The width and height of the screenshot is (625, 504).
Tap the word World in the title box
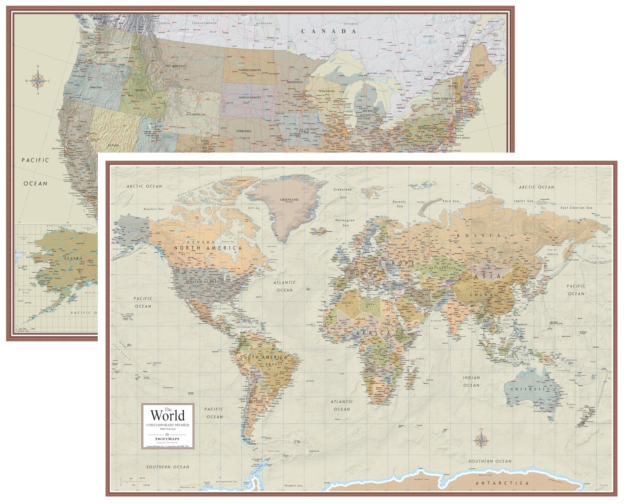(167, 415)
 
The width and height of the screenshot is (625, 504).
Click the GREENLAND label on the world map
(289, 200)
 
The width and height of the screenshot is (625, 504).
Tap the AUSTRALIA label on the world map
(530, 389)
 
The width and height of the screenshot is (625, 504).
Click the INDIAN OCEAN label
(471, 381)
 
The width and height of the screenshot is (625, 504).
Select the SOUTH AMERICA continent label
(263, 357)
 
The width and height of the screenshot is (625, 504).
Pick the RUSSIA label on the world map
(478, 236)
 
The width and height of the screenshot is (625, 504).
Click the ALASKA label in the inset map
(73, 258)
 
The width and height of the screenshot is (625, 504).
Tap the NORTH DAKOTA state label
(250, 70)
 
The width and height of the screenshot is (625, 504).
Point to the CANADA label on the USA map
(328, 31)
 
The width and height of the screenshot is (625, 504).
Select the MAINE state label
(480, 65)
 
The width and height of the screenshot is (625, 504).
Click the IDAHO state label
(140, 90)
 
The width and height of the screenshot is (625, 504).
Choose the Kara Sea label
(450, 201)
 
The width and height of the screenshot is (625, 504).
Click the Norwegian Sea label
(345, 223)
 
